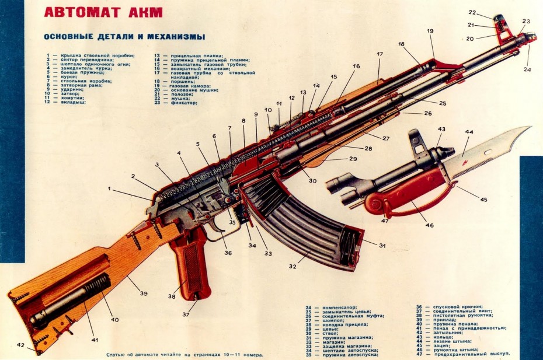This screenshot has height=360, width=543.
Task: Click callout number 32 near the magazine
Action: (x=292, y=267)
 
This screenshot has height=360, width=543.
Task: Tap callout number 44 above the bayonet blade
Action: (x=469, y=132)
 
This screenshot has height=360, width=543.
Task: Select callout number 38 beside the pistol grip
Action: (x=172, y=296)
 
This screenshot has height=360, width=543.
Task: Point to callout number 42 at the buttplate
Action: (x=21, y=345)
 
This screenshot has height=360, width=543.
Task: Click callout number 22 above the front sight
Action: (x=472, y=12)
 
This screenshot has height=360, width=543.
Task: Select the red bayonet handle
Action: (x=403, y=195)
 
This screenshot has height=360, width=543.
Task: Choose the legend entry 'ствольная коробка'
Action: (x=73, y=82)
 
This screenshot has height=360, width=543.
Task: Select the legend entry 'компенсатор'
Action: (x=339, y=307)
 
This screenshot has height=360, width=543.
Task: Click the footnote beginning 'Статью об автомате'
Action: (x=185, y=354)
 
